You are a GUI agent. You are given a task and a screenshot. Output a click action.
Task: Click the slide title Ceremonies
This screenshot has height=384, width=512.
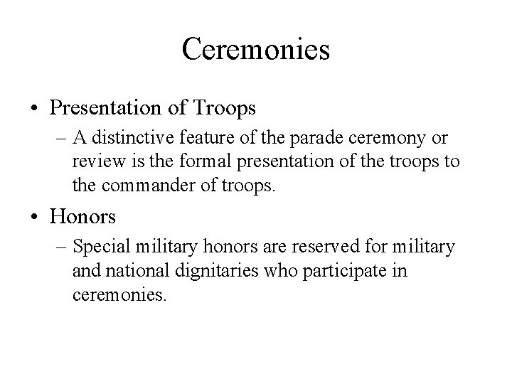(x=255, y=49)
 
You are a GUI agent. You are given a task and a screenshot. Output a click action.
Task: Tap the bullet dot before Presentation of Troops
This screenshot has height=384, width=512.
(x=35, y=110)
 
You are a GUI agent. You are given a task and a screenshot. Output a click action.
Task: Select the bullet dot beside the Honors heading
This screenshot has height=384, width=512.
(x=35, y=214)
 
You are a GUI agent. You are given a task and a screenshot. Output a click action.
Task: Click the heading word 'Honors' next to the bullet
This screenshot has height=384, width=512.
(x=80, y=214)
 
